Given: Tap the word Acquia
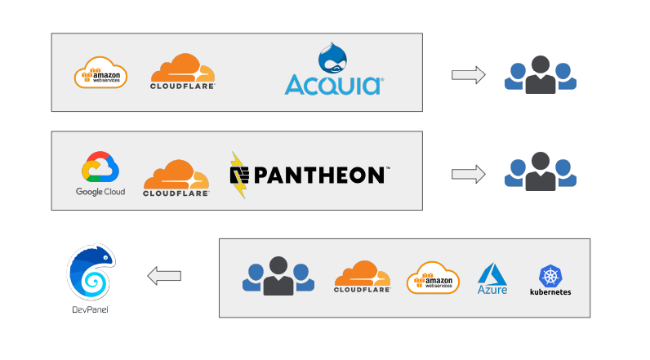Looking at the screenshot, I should click(x=333, y=84).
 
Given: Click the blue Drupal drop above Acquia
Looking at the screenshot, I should click(x=332, y=59).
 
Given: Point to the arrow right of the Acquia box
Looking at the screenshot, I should click(x=468, y=75).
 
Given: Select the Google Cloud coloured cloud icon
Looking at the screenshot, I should click(x=100, y=167).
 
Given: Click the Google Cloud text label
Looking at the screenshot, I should click(x=100, y=192).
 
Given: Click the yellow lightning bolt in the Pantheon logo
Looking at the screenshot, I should click(x=238, y=175).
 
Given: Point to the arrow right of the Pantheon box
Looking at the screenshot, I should click(x=468, y=173).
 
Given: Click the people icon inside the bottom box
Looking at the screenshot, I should click(x=278, y=276).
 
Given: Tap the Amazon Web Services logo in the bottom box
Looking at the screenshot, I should click(x=434, y=278).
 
